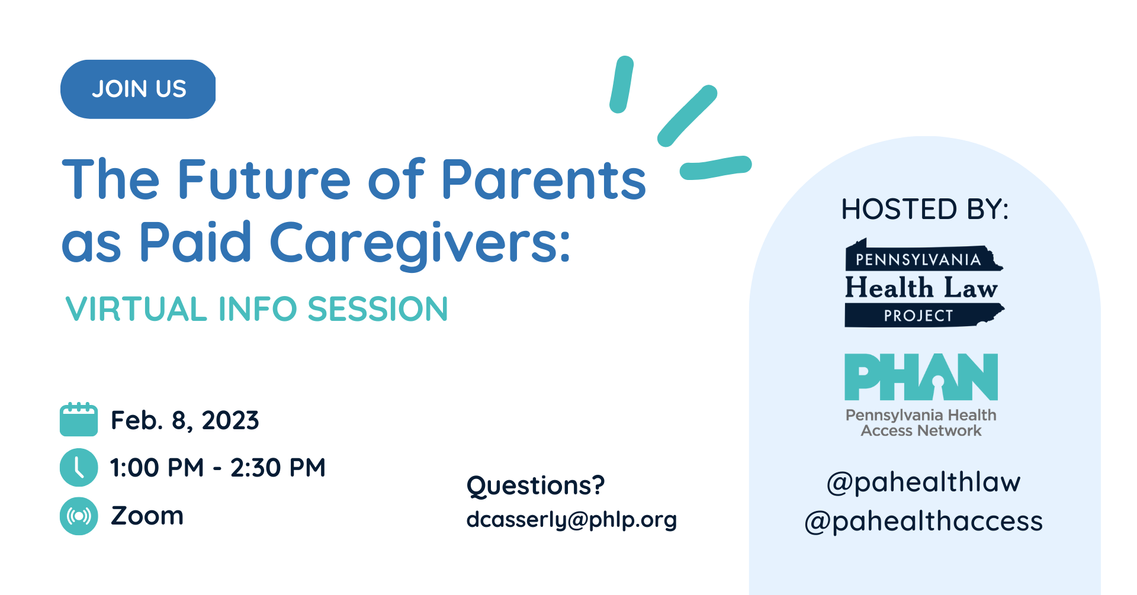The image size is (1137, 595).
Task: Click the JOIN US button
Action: pyautogui.click(x=138, y=89)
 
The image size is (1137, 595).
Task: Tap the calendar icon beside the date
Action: pyautogui.click(x=79, y=419)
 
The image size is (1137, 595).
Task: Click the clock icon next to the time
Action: pyautogui.click(x=79, y=467)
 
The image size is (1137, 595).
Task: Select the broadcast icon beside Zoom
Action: pyautogui.click(x=79, y=516)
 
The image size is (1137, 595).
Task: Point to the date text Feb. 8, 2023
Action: pyautogui.click(x=185, y=420)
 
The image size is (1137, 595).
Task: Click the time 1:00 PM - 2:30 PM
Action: pyautogui.click(x=218, y=468)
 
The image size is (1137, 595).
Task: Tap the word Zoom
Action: pyautogui.click(x=147, y=516)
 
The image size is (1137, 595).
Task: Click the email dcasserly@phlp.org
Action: pyautogui.click(x=571, y=519)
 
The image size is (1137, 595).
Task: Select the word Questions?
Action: pyautogui.click(x=535, y=485)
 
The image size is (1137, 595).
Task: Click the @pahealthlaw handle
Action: pyautogui.click(x=923, y=482)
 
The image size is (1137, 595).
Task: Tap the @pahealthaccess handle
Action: pyautogui.click(x=923, y=521)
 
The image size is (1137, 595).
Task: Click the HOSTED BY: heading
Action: pyautogui.click(x=925, y=209)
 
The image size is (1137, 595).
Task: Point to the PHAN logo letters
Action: pyautogui.click(x=921, y=377)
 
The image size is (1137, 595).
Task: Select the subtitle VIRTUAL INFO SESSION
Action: pyautogui.click(x=256, y=309)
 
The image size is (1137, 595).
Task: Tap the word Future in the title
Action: pyautogui.click(x=264, y=179)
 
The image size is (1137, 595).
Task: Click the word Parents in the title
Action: pyautogui.click(x=544, y=179)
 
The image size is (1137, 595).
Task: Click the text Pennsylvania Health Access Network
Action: pyautogui.click(x=921, y=423)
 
